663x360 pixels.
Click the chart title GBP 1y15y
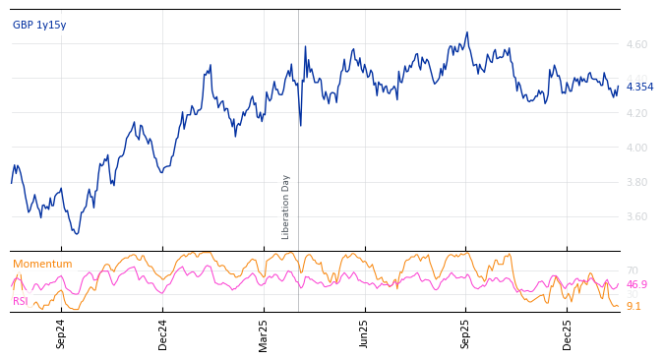pos(39,26)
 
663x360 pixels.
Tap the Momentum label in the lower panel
pos(42,265)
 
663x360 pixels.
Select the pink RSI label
pos(21,302)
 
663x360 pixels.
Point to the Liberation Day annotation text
pos(286,207)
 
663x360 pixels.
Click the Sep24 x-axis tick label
pos(61,333)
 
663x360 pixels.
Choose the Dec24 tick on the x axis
pos(163,333)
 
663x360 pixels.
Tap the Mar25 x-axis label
pos(264,333)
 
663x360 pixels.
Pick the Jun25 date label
pos(365,333)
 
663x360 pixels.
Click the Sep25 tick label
pos(466,333)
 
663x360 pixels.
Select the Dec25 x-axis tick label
pos(568,333)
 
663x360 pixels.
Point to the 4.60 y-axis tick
pos(637,45)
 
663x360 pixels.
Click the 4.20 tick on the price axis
pos(637,114)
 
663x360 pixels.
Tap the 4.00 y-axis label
pos(637,149)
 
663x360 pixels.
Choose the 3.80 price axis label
pos(637,183)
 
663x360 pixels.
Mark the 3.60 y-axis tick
pos(637,217)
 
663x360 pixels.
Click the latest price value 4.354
pos(639,88)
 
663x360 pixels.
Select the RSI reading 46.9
pos(636,285)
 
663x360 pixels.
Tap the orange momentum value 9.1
pos(633,307)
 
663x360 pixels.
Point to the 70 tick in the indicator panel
pos(633,271)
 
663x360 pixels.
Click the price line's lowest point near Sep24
pos(77,233)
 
